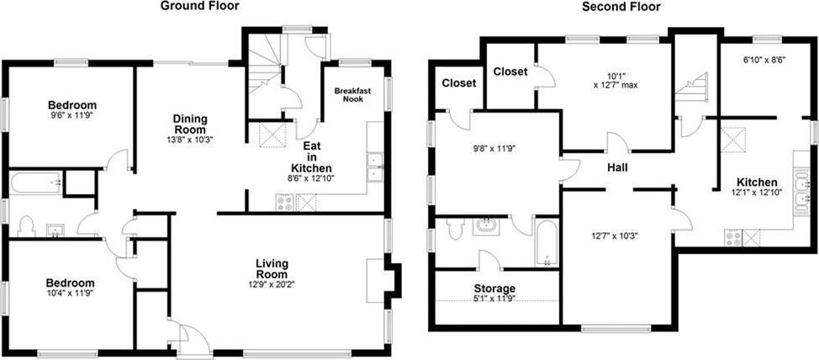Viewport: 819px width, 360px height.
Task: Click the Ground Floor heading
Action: coord(199,6)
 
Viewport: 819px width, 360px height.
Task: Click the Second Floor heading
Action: coord(621,6)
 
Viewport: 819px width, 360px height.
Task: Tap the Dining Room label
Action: coord(190,124)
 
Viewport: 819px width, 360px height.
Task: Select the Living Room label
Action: coord(272,268)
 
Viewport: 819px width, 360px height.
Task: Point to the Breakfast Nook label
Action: coord(352,94)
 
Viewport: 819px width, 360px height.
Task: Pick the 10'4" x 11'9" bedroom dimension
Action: coord(71,293)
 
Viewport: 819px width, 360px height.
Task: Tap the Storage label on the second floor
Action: coord(494,289)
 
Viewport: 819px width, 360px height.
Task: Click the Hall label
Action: coord(617,167)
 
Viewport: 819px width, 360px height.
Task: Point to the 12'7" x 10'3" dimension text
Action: coord(616,236)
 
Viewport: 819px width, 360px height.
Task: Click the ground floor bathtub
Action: coord(36,183)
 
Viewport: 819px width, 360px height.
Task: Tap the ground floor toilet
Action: coord(25,226)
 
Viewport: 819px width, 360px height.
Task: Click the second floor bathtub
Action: coord(547,243)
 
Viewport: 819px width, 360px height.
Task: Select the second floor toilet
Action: coord(456,228)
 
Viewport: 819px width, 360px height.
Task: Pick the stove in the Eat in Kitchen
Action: coord(284,202)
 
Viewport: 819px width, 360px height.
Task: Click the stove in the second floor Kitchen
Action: coord(733,238)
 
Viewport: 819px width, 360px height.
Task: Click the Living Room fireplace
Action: coord(384,281)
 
